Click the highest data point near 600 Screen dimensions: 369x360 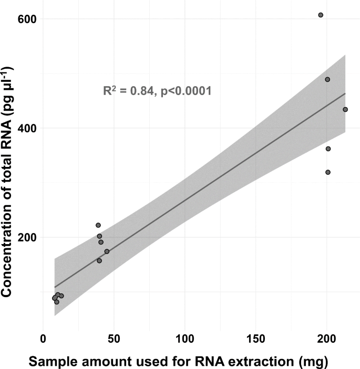[x=321, y=15]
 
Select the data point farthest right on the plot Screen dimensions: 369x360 [x=345, y=110]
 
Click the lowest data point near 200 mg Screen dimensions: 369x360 [x=328, y=172]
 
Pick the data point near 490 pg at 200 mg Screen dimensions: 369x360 [x=327, y=80]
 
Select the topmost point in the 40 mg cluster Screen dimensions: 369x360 [x=98, y=225]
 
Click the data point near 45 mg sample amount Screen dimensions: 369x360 [x=107, y=251]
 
